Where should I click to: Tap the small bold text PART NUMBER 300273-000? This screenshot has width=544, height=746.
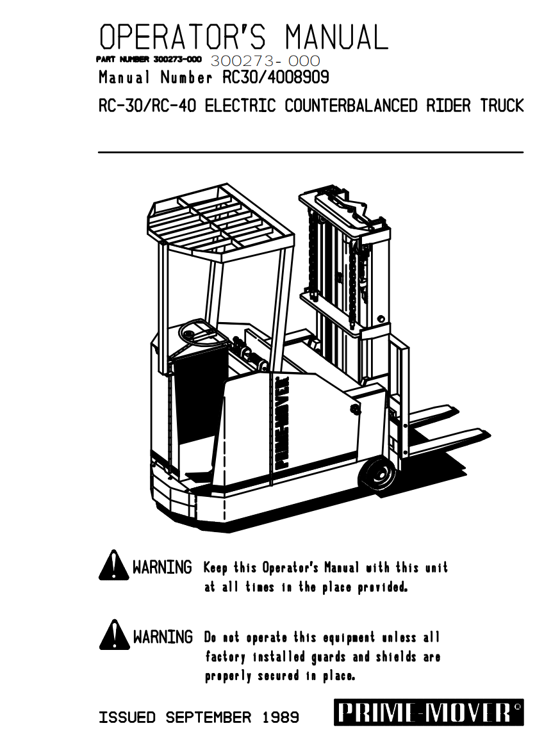pyautogui.click(x=149, y=60)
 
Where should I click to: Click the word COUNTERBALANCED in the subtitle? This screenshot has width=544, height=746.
pyautogui.click(x=351, y=106)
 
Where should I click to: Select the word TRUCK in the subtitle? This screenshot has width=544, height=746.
pyautogui.click(x=502, y=106)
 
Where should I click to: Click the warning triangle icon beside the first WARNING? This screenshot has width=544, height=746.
pyautogui.click(x=113, y=566)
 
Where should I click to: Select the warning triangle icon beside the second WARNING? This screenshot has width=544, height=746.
pyautogui.click(x=113, y=635)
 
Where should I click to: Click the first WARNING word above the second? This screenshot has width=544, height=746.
pyautogui.click(x=162, y=567)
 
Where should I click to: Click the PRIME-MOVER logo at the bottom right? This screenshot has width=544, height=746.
pyautogui.click(x=428, y=713)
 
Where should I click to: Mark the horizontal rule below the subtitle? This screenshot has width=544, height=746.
pyautogui.click(x=311, y=152)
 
